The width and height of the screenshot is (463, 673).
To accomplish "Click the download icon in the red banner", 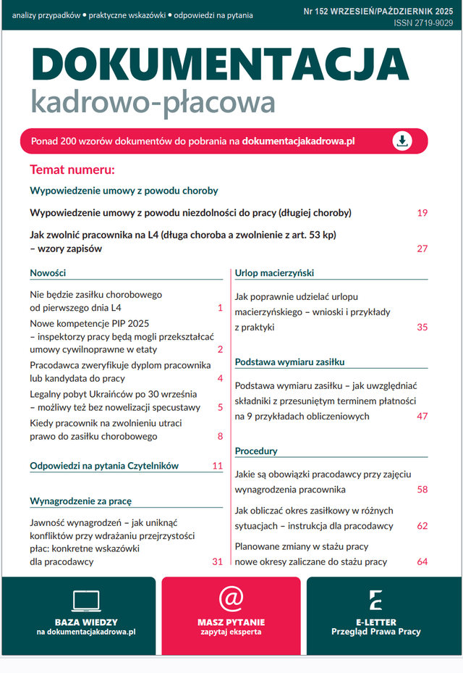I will pos(402,141).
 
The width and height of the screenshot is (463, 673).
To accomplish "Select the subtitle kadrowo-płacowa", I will pos(153,101).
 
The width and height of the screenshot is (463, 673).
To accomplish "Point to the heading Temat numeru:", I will pos(72,170).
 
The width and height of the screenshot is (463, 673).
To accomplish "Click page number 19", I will pos(422,213).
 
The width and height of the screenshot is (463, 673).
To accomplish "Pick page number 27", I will pos(422,248).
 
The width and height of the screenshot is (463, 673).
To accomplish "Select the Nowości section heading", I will pos(48,273).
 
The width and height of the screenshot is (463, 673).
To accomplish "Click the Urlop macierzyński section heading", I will pos(274,273).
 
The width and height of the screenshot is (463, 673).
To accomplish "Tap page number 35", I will pos(422,327).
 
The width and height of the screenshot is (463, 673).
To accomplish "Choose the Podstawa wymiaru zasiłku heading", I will pos(289,361).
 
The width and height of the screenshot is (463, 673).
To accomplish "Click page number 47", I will pos(422,417).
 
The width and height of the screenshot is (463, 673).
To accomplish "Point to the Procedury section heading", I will pos(256,451).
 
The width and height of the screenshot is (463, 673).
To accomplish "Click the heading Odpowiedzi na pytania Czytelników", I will pos(104,466).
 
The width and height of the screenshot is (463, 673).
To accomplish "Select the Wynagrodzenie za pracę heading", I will pos(80,501).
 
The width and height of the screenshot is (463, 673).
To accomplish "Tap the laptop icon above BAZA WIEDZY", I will pos(86,600).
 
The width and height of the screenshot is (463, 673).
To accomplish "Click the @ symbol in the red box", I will pos(231,598).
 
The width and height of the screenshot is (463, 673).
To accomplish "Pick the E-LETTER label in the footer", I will pos(375,622).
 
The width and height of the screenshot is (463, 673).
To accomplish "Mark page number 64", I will pos(422,561).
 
